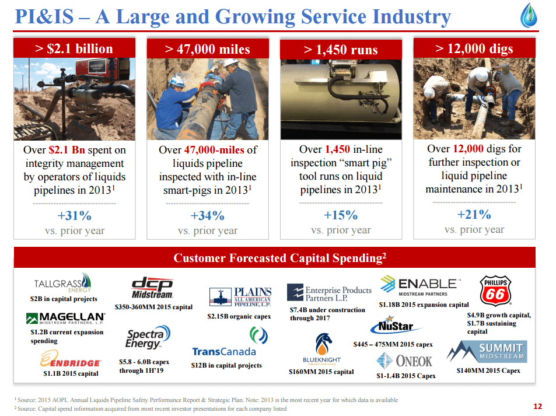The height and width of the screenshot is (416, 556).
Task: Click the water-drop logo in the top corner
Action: click(529, 15)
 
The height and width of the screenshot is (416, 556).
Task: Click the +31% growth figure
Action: click(75, 215)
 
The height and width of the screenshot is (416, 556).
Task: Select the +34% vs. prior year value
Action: click(208, 215)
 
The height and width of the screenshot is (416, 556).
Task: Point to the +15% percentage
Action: click(341, 215)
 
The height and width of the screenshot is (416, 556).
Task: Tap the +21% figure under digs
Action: click(474, 214)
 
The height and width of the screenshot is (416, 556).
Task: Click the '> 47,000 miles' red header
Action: click(208, 48)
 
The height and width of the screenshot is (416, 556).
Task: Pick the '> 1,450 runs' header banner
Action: click(341, 50)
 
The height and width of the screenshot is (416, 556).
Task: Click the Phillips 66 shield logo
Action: click(495, 291)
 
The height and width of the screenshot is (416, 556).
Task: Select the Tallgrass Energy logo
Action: click(63, 283)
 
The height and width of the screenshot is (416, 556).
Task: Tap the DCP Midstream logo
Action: click(152, 288)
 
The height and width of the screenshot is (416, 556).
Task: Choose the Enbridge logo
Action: click(70, 359)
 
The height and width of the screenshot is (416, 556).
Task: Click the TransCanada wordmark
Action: click(224, 351)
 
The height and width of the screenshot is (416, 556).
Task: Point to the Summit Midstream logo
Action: click(487, 351)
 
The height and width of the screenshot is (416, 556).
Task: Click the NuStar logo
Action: click(396, 325)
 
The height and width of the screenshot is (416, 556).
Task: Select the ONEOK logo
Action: click(404, 361)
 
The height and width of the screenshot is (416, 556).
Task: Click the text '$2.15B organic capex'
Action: click(239, 316)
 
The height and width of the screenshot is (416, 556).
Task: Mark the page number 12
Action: click(537, 407)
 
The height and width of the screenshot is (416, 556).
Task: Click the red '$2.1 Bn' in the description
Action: click(67, 150)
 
